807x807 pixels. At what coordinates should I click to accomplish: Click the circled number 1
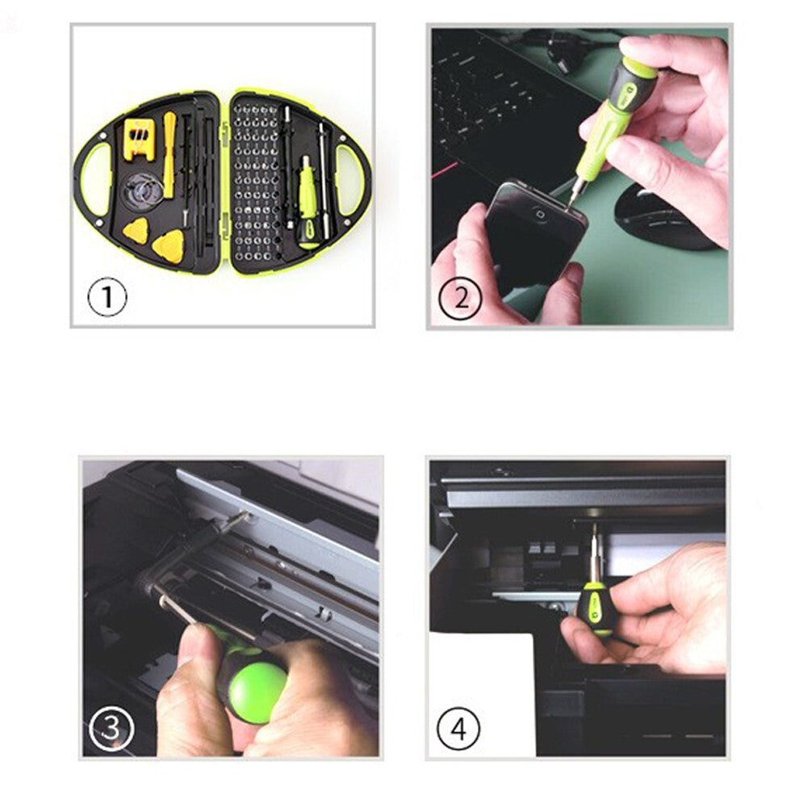pyautogui.click(x=108, y=298)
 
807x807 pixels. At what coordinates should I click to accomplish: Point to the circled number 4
pyautogui.click(x=459, y=730)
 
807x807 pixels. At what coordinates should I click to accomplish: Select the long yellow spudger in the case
pyautogui.click(x=169, y=153)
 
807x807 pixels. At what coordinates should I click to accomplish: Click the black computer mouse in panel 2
pyautogui.click(x=662, y=216)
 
